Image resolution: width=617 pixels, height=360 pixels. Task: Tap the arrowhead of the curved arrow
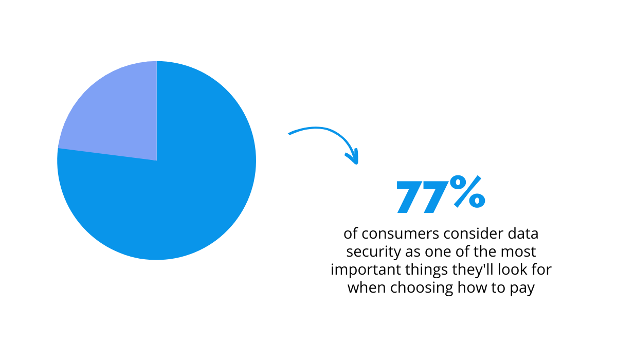(353, 157)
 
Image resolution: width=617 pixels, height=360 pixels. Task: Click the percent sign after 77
(467, 191)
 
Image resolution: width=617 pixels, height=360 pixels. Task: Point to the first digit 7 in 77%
(410, 196)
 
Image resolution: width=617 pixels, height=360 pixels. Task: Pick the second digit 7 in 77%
(436, 196)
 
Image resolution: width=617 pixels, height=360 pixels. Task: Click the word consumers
(400, 234)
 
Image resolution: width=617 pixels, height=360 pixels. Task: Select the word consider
(474, 233)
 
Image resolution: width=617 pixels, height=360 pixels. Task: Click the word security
(373, 253)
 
